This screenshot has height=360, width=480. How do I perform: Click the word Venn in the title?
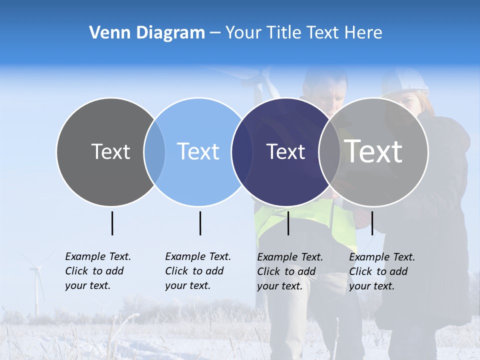pos(107,33)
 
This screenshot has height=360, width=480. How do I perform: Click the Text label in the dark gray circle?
pos(110,151)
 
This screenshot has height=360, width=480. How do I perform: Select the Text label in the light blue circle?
pos(198,151)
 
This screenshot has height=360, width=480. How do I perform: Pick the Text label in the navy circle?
pos(285,151)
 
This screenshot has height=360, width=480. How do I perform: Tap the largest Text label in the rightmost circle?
pos(373,151)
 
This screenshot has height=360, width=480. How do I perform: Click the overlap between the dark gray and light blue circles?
pos(154,152)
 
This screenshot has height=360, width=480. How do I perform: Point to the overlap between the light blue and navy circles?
pos(242,152)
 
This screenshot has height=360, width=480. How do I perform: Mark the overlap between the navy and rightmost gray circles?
pos(329,152)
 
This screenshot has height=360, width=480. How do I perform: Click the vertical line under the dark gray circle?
pos(112,223)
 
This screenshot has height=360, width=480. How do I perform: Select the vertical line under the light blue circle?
pos(200,223)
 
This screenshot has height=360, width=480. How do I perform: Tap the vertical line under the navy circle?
pos(288,223)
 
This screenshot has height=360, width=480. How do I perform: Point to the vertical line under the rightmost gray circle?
pos(372,223)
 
